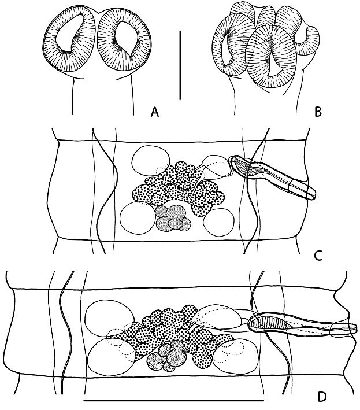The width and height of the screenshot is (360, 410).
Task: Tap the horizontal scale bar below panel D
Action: point(173,400)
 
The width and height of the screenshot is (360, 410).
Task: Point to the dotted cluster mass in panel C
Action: point(176,185)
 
